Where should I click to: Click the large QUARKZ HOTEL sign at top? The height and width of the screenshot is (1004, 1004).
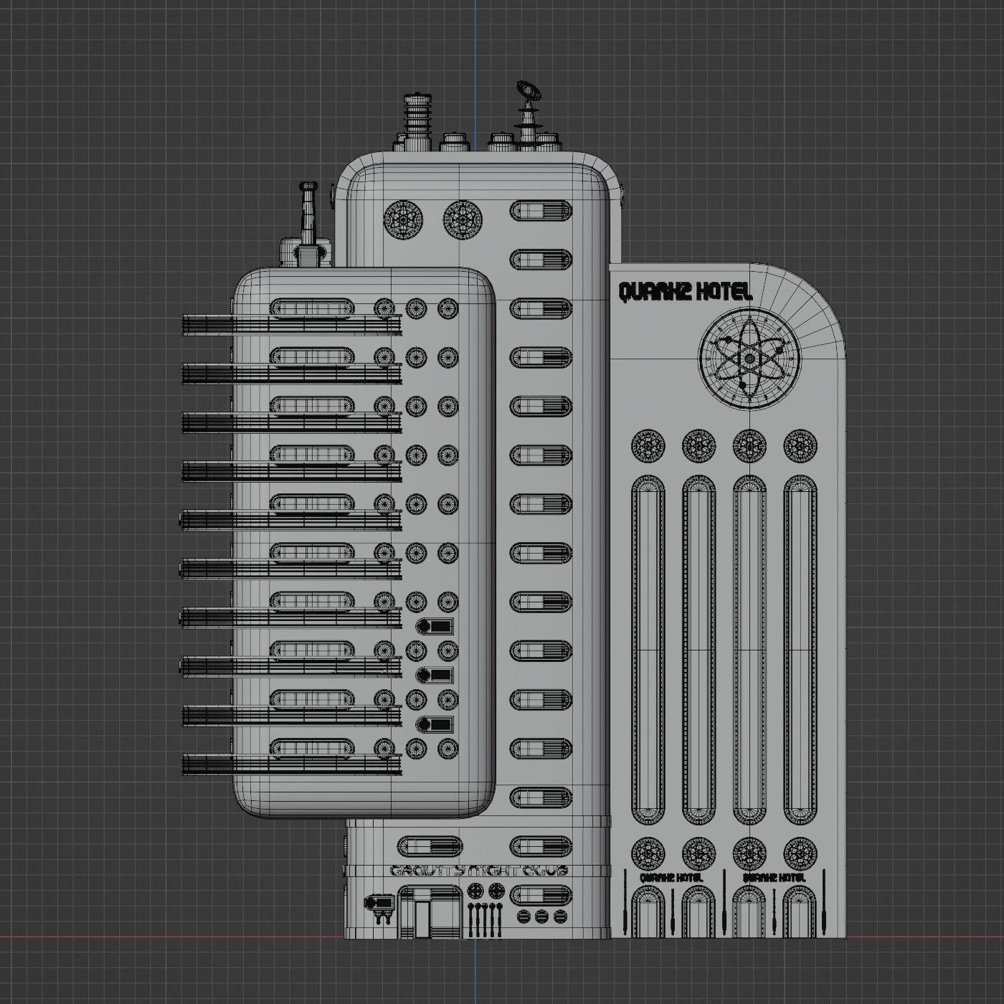(685, 292)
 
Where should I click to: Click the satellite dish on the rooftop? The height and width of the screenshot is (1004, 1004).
(527, 90)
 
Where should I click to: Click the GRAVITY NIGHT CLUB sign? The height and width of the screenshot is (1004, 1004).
(479, 871)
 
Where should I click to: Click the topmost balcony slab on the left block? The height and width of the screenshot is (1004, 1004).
(290, 324)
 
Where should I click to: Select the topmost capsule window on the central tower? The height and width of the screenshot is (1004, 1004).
(541, 211)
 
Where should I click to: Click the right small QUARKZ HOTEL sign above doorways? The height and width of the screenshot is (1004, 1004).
(775, 877)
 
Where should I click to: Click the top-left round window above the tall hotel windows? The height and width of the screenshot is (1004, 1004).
(648, 445)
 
